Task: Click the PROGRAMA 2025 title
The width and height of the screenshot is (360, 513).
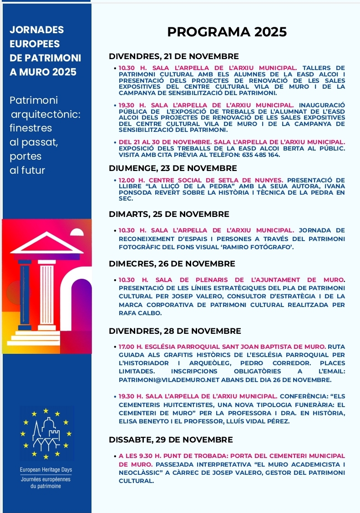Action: [x=227, y=32]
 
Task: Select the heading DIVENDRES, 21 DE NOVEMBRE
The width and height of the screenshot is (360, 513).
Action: [x=174, y=57]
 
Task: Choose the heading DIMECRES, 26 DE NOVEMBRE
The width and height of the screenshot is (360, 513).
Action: [x=172, y=264]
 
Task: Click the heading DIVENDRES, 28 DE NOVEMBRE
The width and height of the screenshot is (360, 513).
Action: [x=175, y=331]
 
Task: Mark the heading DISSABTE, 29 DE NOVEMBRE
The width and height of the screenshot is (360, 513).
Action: [x=171, y=440]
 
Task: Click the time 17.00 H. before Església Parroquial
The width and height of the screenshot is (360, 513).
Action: [x=131, y=346]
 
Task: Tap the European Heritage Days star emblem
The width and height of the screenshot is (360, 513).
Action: [x=46, y=434]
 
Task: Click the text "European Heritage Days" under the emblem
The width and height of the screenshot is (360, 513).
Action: [x=46, y=469]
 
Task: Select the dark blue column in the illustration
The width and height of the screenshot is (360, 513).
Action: [x=25, y=295]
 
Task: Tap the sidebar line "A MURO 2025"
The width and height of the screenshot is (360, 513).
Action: [x=43, y=72]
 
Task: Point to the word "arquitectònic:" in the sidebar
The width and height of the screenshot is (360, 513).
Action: [x=45, y=114]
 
